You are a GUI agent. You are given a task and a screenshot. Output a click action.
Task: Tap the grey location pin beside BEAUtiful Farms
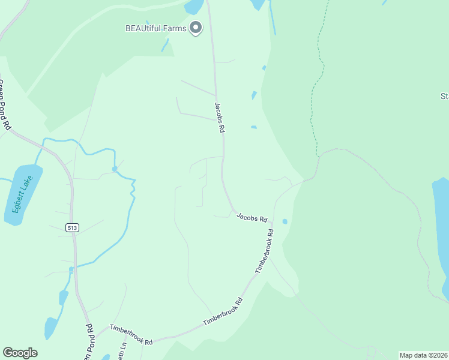coord(195,28)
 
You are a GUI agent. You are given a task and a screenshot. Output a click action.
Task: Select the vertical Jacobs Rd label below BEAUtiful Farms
coord(220,118)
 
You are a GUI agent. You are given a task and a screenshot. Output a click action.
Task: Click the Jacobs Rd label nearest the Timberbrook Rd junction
coord(252,217)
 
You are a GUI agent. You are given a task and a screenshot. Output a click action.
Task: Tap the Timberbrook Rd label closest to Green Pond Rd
coord(131,335)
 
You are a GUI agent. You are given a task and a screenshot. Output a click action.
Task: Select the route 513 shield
coord(72,227)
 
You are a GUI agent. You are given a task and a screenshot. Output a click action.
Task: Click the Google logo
coord(20,353)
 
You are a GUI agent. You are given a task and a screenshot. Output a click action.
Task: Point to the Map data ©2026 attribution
coord(424,355)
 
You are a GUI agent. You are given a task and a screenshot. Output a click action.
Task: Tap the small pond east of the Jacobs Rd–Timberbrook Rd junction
coord(285,221)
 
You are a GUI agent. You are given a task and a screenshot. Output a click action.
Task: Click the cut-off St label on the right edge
coord(445,96)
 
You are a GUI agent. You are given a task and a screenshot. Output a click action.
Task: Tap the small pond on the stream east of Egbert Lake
coord(114,169)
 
